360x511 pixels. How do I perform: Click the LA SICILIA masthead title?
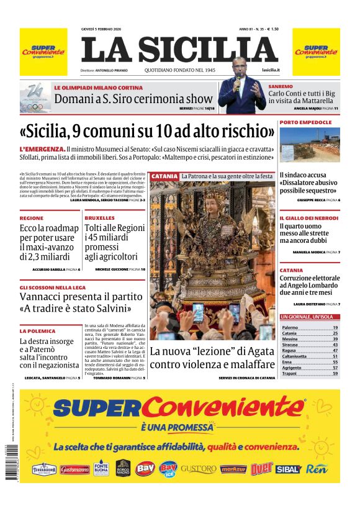pos(179,50)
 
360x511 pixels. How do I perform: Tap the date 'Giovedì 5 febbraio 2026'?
pos(106,29)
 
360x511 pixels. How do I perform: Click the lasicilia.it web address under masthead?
pos(271,71)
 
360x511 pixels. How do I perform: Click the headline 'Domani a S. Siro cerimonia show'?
pos(133,98)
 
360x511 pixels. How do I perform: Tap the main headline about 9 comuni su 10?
pos(147,132)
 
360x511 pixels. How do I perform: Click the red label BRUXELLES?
pos(100,219)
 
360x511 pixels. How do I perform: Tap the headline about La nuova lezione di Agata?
pos(212,358)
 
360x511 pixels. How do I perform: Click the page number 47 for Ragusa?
pos(335,350)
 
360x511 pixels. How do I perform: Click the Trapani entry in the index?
pos(290,374)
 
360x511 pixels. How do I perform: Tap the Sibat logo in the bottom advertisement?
pos(287,469)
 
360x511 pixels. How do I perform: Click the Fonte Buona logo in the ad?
pos(101,468)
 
